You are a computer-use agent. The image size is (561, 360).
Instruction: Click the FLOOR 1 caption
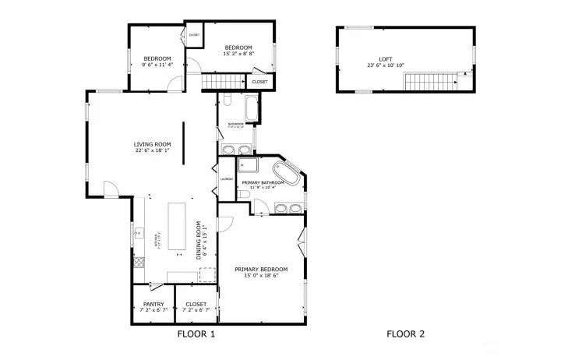196,334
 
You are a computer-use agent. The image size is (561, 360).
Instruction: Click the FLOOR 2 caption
405,334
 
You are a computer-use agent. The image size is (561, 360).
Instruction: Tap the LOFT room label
386,59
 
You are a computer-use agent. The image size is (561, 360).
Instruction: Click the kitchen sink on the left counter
140,231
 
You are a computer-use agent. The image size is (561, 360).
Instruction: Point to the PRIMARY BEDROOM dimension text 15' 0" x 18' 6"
261,275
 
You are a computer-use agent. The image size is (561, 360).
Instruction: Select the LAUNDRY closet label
227,179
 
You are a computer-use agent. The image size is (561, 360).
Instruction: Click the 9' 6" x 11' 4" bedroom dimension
157,65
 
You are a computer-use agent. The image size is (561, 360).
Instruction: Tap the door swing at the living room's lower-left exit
111,189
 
